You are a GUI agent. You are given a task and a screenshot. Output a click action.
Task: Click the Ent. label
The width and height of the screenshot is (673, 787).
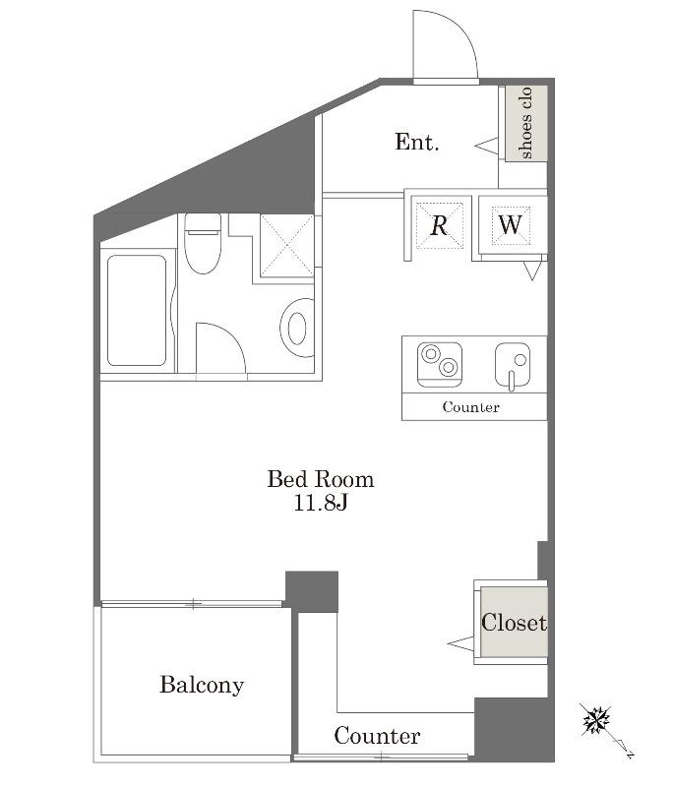[x=416, y=142]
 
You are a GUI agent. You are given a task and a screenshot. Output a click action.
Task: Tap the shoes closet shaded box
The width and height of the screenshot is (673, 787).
[x=525, y=124]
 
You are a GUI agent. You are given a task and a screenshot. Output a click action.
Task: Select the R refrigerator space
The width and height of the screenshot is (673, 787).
[x=439, y=225]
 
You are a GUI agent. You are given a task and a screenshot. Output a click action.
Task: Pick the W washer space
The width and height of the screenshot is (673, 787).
[x=511, y=225]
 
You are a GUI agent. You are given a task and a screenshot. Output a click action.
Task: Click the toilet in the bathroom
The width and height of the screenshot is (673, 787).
[x=203, y=243]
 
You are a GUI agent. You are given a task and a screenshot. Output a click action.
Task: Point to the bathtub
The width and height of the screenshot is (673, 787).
[x=137, y=311]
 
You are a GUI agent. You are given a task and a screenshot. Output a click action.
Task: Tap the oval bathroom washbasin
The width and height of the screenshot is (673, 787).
[x=297, y=328]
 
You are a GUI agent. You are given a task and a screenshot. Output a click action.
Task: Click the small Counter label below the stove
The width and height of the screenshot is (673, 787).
[x=470, y=407]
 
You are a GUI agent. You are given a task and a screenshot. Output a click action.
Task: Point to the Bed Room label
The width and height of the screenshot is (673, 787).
[x=320, y=479]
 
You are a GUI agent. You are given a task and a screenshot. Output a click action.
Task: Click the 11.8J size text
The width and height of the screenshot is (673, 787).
[x=320, y=503]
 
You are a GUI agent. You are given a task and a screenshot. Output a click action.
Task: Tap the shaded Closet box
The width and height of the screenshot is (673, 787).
[x=514, y=622]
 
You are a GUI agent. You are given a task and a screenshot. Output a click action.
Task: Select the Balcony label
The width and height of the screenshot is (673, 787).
[x=202, y=685]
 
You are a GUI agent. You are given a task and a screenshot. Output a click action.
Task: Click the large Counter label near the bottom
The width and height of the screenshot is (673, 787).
[x=377, y=736]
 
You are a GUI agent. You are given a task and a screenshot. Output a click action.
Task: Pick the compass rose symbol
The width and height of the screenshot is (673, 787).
[x=596, y=720]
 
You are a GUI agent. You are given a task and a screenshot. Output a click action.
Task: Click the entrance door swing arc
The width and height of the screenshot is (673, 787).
[x=459, y=30]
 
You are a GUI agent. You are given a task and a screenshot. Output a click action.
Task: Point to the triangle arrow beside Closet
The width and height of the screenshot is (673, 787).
[x=460, y=643]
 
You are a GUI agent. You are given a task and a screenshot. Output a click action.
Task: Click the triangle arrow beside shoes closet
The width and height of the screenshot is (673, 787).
[x=487, y=146]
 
